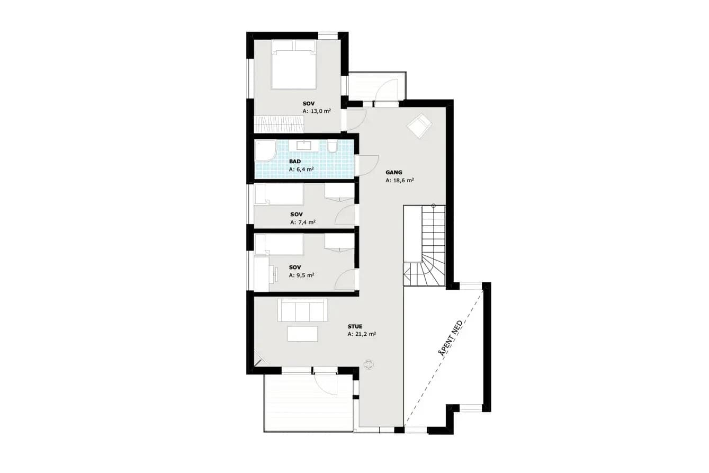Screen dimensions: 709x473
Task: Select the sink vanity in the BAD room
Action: [304, 146]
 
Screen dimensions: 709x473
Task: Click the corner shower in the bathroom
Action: [266, 151]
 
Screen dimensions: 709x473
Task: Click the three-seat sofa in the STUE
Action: [302, 310]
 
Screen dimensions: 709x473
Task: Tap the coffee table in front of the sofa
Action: [302, 334]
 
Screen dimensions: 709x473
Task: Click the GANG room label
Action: [394, 173]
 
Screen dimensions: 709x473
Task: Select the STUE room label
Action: [355, 326]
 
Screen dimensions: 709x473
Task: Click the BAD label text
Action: [295, 162]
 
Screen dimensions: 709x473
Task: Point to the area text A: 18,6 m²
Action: [399, 181]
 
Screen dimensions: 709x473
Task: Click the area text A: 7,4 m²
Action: [302, 222]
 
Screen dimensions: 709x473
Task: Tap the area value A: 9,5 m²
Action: [301, 275]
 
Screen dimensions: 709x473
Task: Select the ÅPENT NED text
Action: [451, 338]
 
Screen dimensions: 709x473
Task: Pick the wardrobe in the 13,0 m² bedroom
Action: [279, 124]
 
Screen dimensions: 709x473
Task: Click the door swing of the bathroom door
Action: [367, 165]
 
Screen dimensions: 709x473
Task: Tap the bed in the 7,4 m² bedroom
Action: [279, 194]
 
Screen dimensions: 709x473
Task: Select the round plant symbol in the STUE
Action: [369, 364]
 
